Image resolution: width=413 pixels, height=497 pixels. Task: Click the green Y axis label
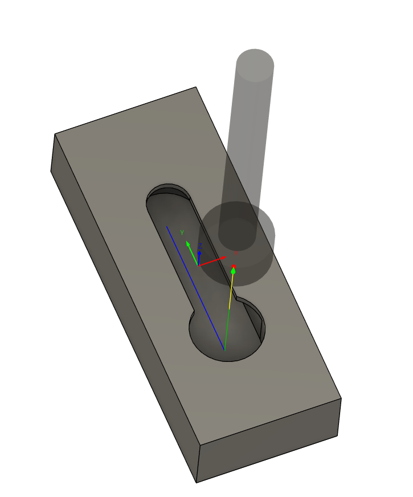pyautogui.click(x=182, y=233)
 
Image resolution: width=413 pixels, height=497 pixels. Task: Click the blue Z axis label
pyautogui.click(x=200, y=246)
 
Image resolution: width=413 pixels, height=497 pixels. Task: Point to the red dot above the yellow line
pyautogui.click(x=234, y=266)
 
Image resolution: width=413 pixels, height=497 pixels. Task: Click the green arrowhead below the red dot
pyautogui.click(x=233, y=271)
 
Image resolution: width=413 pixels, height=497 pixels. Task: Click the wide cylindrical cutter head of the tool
pyautogui.click(x=239, y=251)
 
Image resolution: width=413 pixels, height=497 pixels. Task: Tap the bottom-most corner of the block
pyautogui.click(x=197, y=482)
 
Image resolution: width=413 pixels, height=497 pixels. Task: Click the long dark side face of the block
pyautogui.click(x=120, y=319)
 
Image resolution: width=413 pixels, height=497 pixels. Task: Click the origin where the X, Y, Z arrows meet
pyautogui.click(x=198, y=266)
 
